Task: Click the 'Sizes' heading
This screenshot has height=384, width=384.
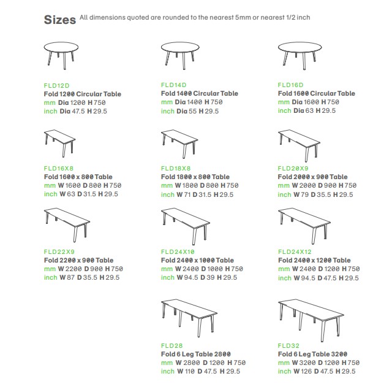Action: [60, 20]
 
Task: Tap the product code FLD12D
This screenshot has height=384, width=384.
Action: [56, 86]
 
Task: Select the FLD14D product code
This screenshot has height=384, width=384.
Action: [174, 85]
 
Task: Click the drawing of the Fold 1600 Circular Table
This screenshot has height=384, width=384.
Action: [299, 56]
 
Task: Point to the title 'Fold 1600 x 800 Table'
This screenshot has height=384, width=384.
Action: [78, 177]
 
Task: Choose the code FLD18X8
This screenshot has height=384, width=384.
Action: [176, 168]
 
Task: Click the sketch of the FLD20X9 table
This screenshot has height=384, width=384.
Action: [299, 145]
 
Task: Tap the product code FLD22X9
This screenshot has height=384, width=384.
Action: [59, 252]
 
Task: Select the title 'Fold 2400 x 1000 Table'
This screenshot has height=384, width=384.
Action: [197, 260]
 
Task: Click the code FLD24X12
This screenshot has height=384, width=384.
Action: [295, 252]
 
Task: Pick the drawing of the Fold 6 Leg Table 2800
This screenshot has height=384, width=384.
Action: [189, 318]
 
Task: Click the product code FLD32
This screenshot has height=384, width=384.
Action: [288, 346]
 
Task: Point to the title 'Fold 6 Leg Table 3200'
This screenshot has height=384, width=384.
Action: [312, 354]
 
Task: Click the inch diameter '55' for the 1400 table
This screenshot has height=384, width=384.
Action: [192, 111]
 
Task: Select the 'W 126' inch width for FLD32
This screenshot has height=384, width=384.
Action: [303, 371]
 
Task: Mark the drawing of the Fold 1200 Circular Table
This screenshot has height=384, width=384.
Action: [61, 56]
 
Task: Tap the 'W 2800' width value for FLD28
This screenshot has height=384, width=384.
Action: [188, 363]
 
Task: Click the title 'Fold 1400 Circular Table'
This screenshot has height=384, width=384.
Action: [200, 93]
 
